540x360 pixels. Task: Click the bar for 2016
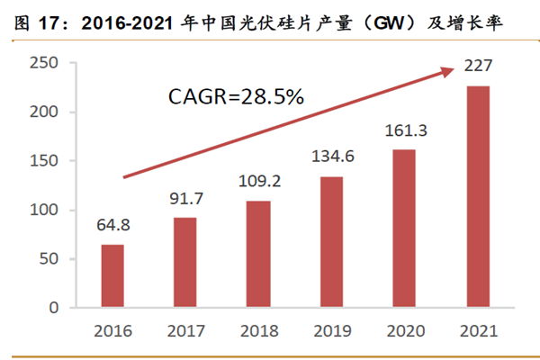click(112, 276)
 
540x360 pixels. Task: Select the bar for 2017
click(185, 263)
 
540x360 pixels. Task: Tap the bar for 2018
click(259, 254)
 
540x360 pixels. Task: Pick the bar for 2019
click(332, 242)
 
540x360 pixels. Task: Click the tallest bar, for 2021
click(478, 197)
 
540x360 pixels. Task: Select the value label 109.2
click(259, 180)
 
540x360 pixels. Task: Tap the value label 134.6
click(332, 158)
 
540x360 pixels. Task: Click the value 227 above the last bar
click(478, 66)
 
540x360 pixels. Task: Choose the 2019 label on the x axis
click(332, 330)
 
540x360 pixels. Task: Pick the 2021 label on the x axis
click(478, 330)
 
